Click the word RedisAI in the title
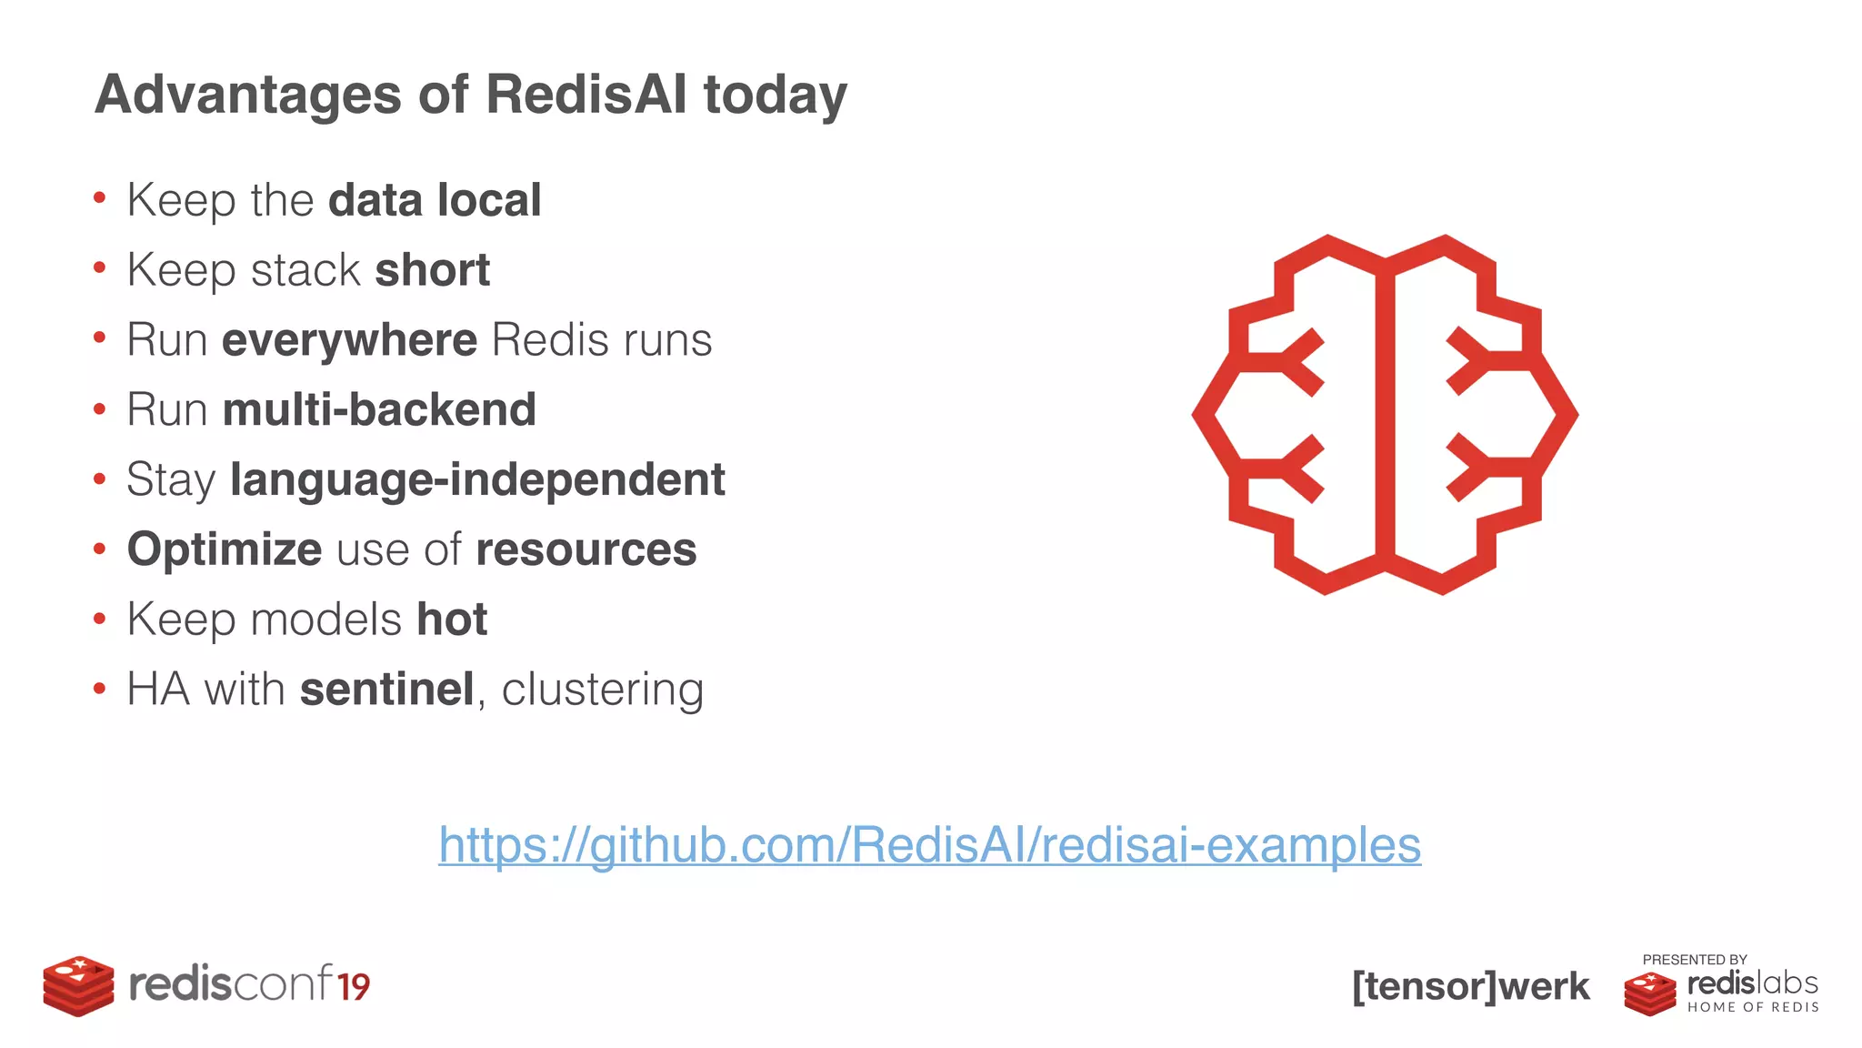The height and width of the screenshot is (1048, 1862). coord(586,95)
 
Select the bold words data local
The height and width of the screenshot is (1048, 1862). coord(435,200)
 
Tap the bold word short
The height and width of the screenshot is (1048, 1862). coord(432,270)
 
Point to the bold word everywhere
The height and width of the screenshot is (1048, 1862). coord(349,340)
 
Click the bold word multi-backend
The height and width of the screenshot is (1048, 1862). coord(379,409)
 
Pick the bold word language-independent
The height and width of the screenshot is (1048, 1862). coord(477,479)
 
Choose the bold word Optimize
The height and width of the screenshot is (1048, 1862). coord(224,549)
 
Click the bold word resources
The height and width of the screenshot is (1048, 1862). coord(586,549)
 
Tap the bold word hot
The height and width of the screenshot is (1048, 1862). coord(452,620)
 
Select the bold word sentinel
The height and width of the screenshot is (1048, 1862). coord(386,690)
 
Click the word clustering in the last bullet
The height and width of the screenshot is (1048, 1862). coord(602,690)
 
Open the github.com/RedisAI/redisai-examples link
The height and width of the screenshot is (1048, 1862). coord(929,845)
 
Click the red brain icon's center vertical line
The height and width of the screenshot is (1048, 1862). coord(1385,414)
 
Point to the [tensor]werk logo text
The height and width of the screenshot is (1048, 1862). coord(1471,986)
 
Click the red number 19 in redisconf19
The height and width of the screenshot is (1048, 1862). coord(353,987)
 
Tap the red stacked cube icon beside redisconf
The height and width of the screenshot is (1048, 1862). coord(78,986)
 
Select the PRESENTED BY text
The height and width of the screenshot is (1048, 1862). coord(1695,960)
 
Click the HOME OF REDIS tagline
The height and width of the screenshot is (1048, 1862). coord(1753,1007)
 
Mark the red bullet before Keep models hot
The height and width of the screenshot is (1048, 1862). coord(99,620)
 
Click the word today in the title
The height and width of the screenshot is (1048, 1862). coord(775,95)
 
